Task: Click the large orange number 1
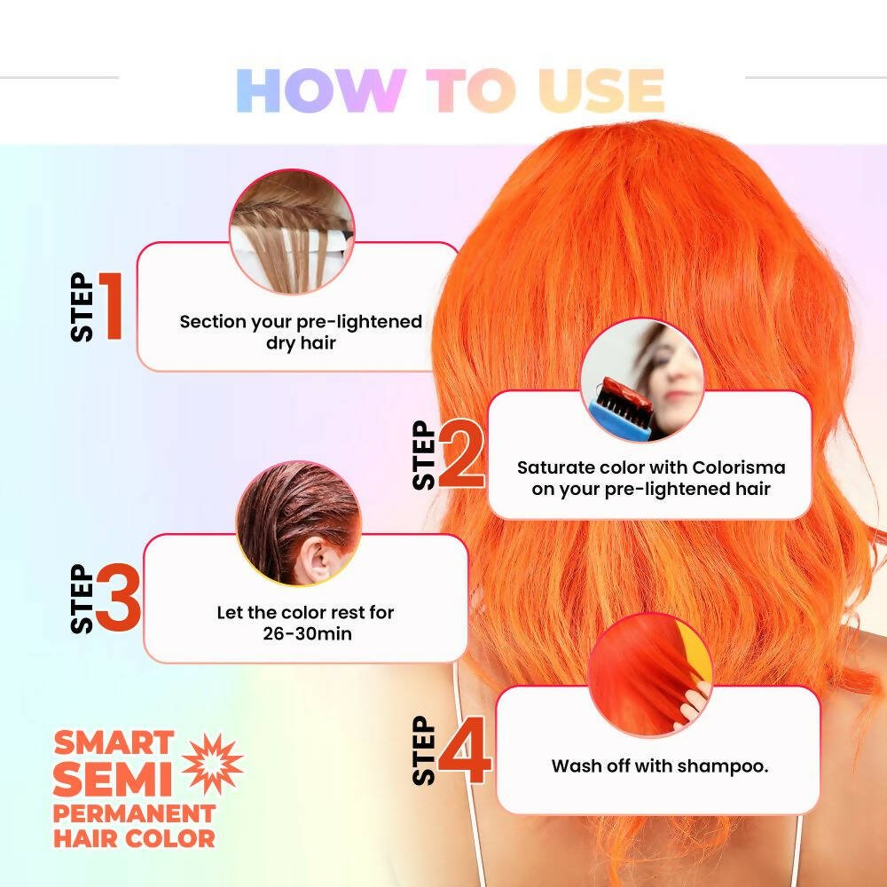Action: click(112, 306)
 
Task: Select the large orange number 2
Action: click(461, 453)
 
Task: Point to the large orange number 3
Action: click(118, 597)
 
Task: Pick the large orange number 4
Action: click(465, 750)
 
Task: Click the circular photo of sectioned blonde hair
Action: click(292, 232)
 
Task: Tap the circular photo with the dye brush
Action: click(642, 380)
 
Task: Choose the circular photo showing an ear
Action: click(298, 523)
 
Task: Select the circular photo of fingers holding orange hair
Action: click(650, 675)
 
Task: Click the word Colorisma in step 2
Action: click(738, 467)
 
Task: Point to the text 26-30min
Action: click(307, 633)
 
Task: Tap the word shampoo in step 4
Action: click(723, 766)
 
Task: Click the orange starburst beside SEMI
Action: click(212, 764)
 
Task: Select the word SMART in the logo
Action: click(114, 742)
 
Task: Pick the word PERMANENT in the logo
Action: click(134, 814)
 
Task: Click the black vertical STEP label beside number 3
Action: click(82, 599)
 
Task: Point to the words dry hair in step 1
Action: click(301, 343)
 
